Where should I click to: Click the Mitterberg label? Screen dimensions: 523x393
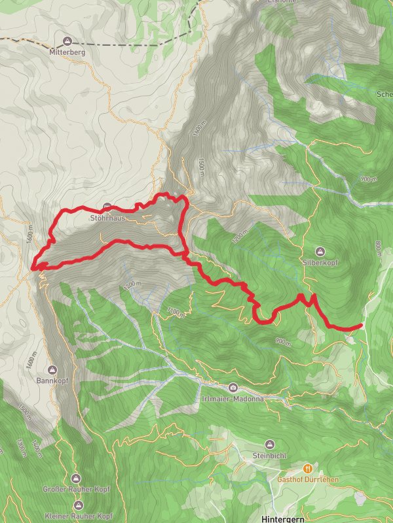67,50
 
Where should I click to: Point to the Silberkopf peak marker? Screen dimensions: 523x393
320,251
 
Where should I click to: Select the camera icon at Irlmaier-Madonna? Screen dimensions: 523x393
234,388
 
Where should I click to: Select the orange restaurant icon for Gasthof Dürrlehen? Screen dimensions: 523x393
307,468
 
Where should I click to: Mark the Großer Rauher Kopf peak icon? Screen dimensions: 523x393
77,479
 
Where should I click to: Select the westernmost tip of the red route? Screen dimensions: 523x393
33,267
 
